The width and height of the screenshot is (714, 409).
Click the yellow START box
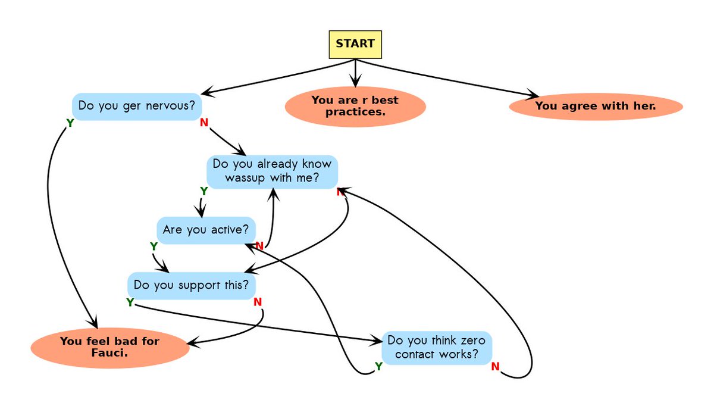[x=355, y=44]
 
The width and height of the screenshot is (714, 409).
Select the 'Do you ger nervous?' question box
[x=137, y=107]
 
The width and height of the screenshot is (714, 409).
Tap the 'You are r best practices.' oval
[x=355, y=107]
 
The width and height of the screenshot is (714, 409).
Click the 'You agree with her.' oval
[x=596, y=107]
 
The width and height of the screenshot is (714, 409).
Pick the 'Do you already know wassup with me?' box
[x=273, y=172]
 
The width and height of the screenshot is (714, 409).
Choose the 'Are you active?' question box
[x=206, y=230]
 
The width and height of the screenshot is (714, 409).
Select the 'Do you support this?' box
[x=191, y=286]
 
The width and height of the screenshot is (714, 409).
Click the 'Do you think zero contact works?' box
[x=437, y=348]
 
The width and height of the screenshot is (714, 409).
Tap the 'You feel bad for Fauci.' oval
[x=110, y=348]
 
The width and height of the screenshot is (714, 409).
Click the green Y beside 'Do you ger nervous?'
[x=70, y=123]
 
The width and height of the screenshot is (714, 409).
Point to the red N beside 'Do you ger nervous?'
[x=204, y=122]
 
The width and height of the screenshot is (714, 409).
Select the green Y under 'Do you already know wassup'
[x=204, y=191]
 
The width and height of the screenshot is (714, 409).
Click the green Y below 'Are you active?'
[x=154, y=246]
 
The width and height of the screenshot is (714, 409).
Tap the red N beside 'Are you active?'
[x=259, y=246]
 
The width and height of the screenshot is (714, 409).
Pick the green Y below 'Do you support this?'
[x=130, y=302]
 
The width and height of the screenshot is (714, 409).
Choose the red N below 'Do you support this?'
[x=258, y=302]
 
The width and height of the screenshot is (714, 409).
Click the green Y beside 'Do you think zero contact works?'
[x=378, y=367]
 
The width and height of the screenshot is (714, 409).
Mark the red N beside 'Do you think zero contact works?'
[x=495, y=367]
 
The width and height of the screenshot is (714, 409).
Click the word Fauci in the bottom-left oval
[x=109, y=354]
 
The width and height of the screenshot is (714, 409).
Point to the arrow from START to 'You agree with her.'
[x=446, y=77]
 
